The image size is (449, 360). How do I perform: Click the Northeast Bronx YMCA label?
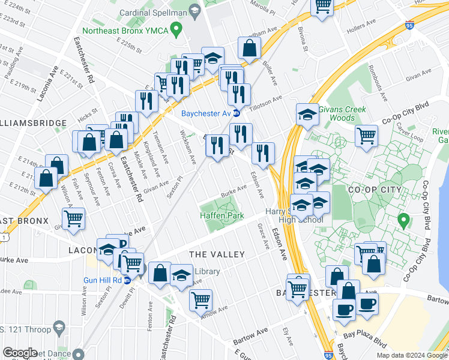pyautogui.click(x=124, y=29)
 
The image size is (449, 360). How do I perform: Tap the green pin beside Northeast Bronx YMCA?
pyautogui.click(x=176, y=28)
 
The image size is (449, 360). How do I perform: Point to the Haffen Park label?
pyautogui.click(x=221, y=215)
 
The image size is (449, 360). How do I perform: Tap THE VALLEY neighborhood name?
pyautogui.click(x=217, y=254)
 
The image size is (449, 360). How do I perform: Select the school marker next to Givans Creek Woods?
pyautogui.click(x=307, y=115)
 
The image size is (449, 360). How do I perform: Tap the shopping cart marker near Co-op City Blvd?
pyautogui.click(x=366, y=134)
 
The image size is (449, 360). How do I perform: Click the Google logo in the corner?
pyautogui.click(x=20, y=353)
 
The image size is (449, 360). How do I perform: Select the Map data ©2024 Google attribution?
pyautogui.click(x=412, y=355)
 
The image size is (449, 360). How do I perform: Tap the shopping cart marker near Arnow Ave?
pyautogui.click(x=200, y=298)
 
